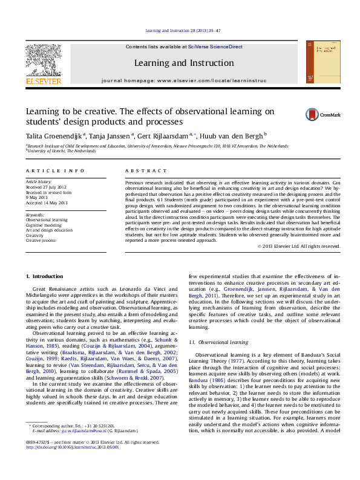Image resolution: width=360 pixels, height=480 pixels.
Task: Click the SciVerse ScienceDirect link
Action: point(215,47)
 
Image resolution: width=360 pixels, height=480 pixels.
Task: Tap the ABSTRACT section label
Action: point(139,172)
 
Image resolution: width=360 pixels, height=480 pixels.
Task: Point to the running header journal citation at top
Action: point(179,30)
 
